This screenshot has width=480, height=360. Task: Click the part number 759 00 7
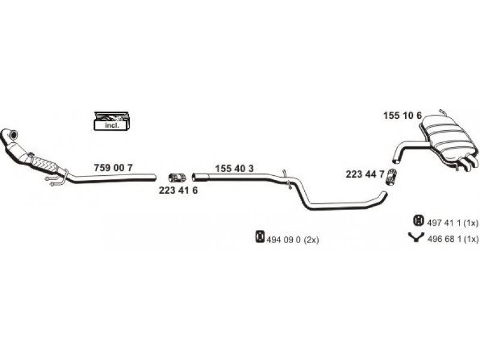(x=113, y=168)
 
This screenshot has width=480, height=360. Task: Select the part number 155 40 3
(x=234, y=169)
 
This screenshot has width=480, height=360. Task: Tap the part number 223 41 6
(x=178, y=190)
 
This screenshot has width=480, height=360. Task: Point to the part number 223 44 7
(x=365, y=174)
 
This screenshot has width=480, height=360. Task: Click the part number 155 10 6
(x=403, y=115)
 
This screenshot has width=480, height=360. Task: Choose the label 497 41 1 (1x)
(x=452, y=223)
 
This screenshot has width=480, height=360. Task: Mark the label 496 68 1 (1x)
(x=452, y=239)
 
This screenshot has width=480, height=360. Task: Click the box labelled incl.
(x=112, y=122)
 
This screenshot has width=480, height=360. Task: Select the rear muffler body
(x=447, y=138)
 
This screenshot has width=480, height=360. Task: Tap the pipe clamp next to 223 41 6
(x=177, y=178)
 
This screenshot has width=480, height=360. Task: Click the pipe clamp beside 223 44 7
(x=391, y=176)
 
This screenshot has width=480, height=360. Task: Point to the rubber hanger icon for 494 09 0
(x=260, y=236)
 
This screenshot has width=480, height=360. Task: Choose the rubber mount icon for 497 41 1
(x=418, y=220)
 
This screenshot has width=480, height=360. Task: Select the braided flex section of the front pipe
(x=44, y=164)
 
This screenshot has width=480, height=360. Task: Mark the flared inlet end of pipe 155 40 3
(x=200, y=176)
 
